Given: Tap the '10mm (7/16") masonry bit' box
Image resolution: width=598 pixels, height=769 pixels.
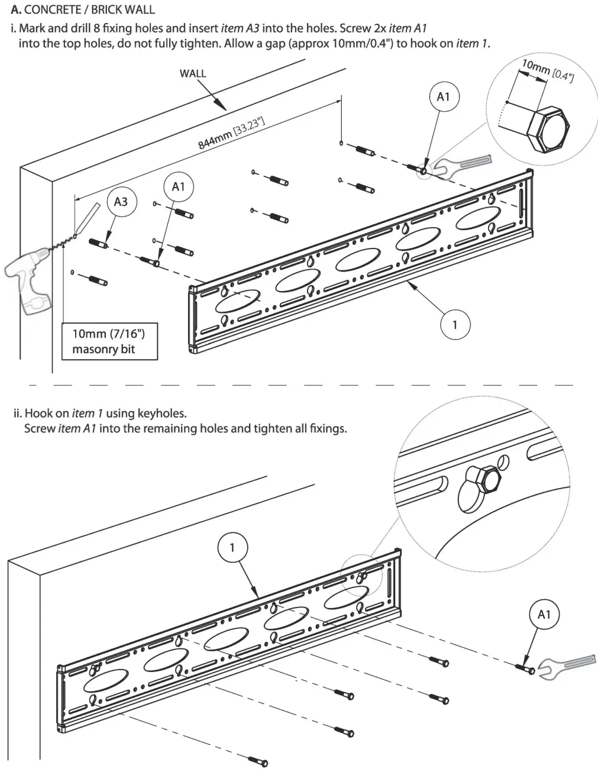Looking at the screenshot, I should pyautogui.click(x=109, y=341).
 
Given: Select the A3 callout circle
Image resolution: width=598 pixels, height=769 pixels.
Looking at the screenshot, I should pyautogui.click(x=121, y=202).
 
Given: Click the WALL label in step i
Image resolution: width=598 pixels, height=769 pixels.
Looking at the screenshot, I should pyautogui.click(x=193, y=74).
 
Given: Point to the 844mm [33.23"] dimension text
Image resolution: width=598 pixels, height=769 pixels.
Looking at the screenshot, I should pyautogui.click(x=231, y=134).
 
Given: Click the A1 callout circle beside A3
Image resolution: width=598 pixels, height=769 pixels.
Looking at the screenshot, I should pyautogui.click(x=178, y=187).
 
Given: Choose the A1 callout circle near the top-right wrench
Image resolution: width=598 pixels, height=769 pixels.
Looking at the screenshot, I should pyautogui.click(x=443, y=96).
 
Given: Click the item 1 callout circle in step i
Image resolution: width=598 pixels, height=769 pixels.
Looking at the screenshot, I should pyautogui.click(x=455, y=324).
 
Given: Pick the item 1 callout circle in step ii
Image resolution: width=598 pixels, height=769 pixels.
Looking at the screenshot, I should pyautogui.click(x=232, y=547).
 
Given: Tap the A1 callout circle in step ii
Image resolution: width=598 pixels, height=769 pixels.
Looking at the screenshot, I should pyautogui.click(x=544, y=615).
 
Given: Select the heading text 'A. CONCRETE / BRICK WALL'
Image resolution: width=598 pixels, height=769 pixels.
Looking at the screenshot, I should pyautogui.click(x=83, y=9).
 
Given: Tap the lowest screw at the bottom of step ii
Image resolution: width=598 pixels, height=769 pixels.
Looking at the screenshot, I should pyautogui.click(x=258, y=762).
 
